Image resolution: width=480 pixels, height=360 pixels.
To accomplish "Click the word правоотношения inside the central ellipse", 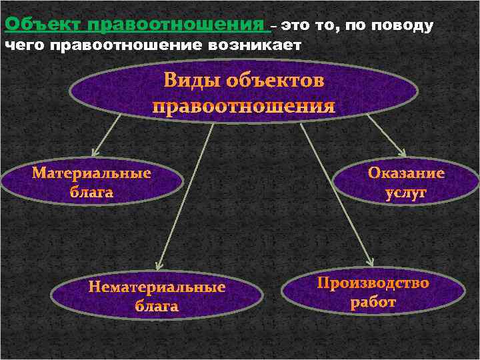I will (243, 107).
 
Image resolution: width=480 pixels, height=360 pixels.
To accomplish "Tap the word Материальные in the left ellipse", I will (91, 173).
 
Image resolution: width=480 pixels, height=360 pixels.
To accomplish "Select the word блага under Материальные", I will (91, 193).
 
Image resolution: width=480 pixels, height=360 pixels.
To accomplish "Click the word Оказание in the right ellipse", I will (406, 173).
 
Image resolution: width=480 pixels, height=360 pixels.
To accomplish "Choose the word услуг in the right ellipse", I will (406, 193).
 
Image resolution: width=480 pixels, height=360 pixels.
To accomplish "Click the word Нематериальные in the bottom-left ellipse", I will (157, 287).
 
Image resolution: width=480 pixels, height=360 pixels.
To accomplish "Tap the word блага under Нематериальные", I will (157, 307).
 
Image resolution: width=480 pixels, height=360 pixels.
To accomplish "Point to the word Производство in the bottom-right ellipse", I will (373, 283).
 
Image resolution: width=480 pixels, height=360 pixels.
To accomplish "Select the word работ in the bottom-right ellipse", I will (373, 303).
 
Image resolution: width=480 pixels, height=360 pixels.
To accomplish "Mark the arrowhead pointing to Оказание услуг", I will (400, 152).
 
